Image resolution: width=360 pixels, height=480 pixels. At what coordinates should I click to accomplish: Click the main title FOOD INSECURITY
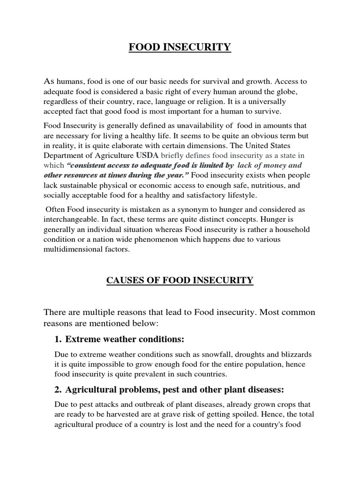180,47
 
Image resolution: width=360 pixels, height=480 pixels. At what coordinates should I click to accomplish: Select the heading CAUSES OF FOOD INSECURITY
180,280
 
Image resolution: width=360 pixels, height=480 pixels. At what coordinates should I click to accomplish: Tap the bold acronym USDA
147,155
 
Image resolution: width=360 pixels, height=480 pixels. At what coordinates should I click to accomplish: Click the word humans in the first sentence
70,82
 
